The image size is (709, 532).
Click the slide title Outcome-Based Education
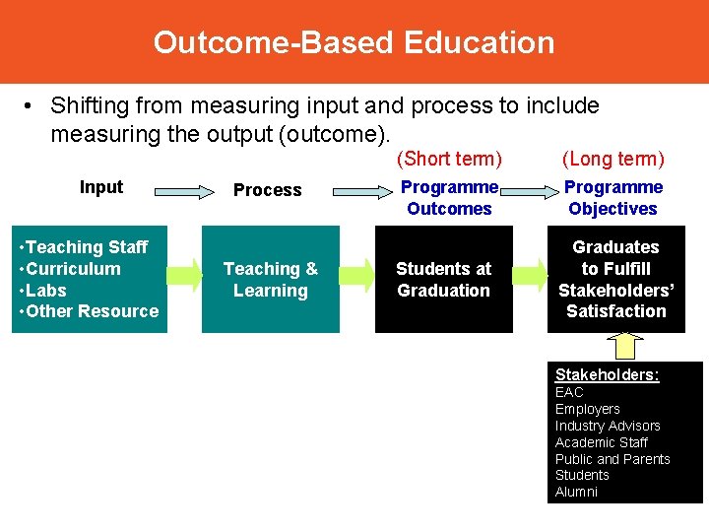(354, 42)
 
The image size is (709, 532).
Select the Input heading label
(101, 187)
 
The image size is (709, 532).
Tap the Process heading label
(267, 190)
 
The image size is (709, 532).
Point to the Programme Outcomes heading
(449, 198)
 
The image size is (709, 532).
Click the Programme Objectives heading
(612, 198)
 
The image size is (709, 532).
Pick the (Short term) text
(449, 159)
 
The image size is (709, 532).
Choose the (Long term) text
(612, 159)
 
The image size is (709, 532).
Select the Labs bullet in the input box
(45, 290)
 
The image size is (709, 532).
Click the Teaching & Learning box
(271, 280)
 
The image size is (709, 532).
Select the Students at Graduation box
(443, 280)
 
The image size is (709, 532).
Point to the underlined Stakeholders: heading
(607, 374)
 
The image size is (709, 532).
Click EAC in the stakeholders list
(569, 392)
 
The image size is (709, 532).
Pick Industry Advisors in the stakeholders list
(608, 426)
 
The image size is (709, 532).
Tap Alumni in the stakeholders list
(576, 492)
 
